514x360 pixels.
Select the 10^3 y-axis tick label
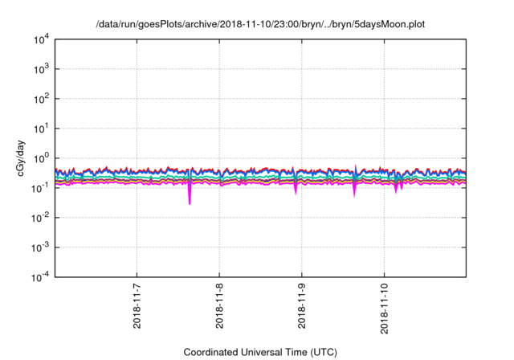point(40,69)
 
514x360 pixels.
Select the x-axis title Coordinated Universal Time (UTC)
point(260,352)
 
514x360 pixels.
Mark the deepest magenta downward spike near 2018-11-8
point(190,199)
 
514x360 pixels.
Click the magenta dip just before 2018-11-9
point(296,190)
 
